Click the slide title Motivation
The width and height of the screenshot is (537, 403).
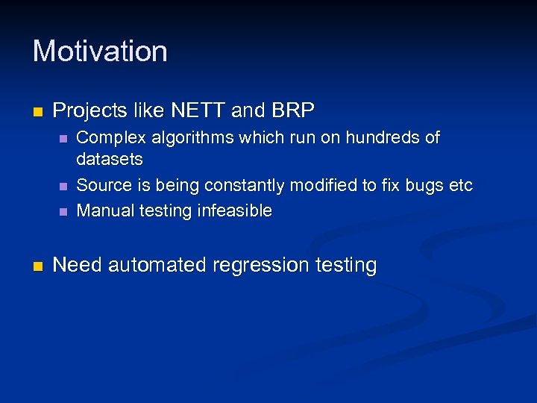[x=100, y=51]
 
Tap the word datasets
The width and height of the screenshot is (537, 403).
[x=110, y=160]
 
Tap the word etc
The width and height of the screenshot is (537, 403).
[x=462, y=185]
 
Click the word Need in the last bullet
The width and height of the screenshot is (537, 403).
[x=78, y=265]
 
